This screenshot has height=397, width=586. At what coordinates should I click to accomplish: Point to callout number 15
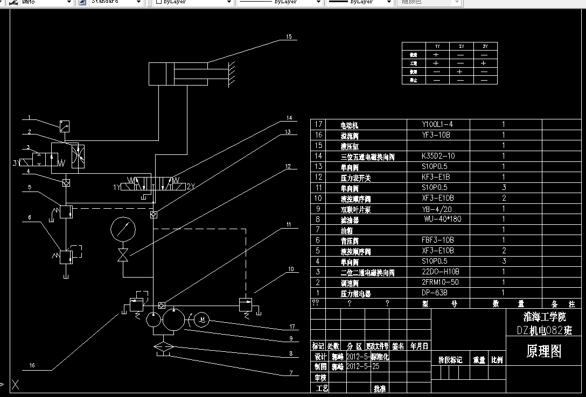289,37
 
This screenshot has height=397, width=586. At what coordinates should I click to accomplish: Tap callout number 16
32,365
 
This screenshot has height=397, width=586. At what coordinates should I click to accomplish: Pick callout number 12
288,167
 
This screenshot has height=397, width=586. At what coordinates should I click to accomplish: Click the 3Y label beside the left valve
17,162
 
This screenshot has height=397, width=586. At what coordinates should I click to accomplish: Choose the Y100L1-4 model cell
437,124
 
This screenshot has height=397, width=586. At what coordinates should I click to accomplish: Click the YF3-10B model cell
436,134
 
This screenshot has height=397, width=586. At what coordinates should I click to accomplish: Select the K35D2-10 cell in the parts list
438,156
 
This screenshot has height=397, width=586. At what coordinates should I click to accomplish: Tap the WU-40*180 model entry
442,219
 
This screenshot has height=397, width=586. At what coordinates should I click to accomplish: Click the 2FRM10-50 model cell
440,282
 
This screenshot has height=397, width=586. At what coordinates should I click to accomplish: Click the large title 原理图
543,352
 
